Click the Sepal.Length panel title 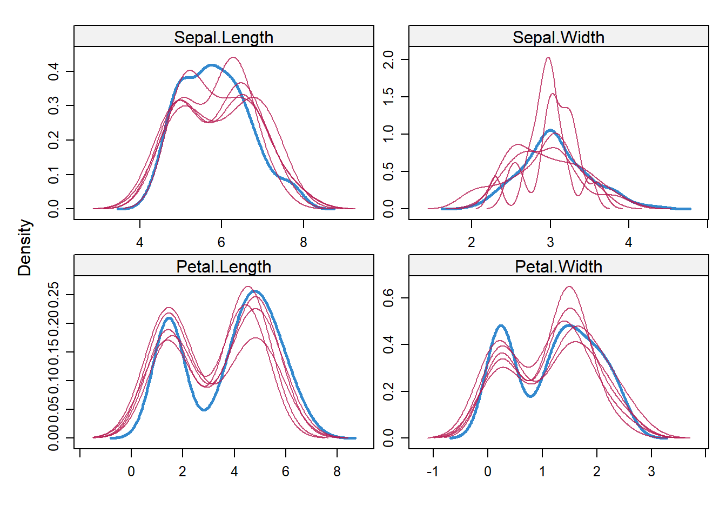(224, 37)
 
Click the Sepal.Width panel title (559, 37)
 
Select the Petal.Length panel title (224, 267)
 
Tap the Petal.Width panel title (559, 267)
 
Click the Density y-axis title (25, 248)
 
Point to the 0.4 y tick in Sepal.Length (53, 71)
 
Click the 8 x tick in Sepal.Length (304, 242)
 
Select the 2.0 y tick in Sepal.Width (388, 59)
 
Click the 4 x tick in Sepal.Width (629, 242)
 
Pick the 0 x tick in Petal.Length (131, 471)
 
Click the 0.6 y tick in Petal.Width (388, 298)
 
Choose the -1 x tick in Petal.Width (433, 471)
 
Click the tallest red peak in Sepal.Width (548, 58)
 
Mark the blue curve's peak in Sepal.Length (211, 65)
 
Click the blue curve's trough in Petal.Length (204, 409)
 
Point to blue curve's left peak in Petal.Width (501, 326)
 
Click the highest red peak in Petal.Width (569, 287)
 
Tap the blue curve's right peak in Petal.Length (254, 291)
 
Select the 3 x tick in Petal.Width (651, 471)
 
